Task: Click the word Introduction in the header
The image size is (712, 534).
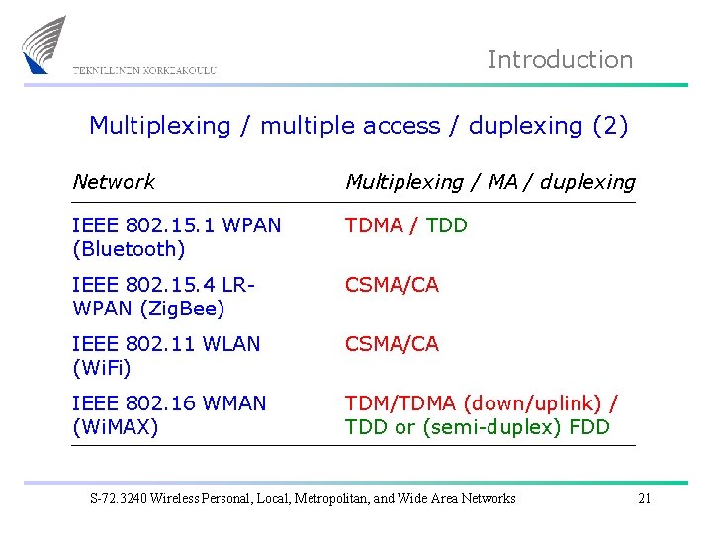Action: click(560, 60)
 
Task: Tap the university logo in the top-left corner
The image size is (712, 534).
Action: click(44, 44)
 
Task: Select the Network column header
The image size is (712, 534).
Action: click(114, 182)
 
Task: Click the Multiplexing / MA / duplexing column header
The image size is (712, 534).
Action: click(489, 182)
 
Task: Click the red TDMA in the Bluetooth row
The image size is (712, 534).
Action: click(374, 225)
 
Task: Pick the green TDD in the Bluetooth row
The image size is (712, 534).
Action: click(446, 225)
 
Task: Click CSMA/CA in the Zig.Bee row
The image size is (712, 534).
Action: click(392, 285)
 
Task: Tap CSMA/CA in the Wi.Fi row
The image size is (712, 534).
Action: click(392, 344)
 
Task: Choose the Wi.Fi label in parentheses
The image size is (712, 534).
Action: click(102, 368)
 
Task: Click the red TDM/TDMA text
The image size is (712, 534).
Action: click(400, 403)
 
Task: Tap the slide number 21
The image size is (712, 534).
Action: click(644, 498)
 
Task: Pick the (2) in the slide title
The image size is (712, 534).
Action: click(609, 126)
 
